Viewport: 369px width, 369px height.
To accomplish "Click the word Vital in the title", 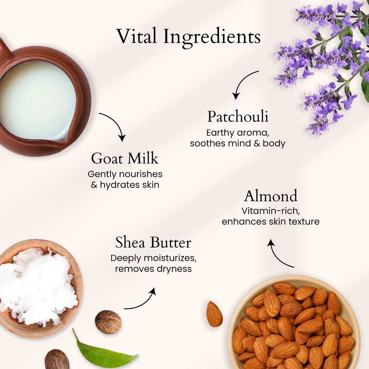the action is pyautogui.click(x=137, y=36).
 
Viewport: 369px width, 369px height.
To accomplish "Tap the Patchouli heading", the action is pyautogui.click(x=238, y=117).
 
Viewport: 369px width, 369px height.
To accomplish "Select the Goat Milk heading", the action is pyautogui.click(x=125, y=158).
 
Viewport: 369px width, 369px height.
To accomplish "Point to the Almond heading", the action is pyautogui.click(x=270, y=196).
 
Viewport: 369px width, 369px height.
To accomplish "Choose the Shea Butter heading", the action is pyautogui.click(x=154, y=242).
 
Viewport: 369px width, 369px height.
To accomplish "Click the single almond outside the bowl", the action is pyautogui.click(x=214, y=314).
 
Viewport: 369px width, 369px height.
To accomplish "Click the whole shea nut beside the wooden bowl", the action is pyautogui.click(x=108, y=322).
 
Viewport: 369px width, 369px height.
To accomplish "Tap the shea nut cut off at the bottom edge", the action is pyautogui.click(x=57, y=359).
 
